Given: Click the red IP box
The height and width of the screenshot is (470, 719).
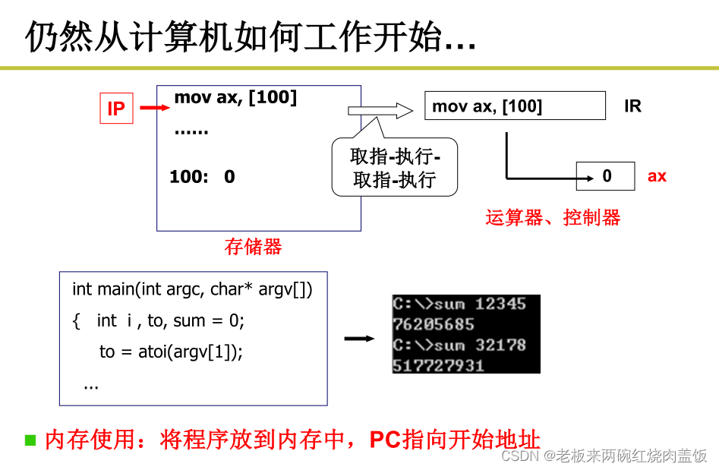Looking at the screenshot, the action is pos(116,109).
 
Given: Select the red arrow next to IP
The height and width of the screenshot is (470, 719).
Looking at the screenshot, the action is pos(156,108).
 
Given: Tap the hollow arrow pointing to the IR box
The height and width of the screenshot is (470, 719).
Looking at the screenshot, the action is pos(380,110).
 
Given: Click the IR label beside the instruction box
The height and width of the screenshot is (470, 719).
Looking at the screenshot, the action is pos(632,106).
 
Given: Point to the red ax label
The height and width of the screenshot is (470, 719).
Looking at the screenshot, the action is pos(657,176).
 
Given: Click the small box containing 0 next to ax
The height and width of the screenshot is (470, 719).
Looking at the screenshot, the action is pos(606,176).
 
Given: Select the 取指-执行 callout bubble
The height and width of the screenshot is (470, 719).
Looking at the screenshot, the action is pos(395,168).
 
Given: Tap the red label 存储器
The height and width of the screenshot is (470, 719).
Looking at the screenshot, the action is pos(253,247).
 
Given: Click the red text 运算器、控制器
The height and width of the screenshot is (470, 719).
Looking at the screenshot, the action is pos(553,218).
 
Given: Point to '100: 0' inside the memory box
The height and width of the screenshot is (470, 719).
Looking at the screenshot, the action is pos(202,177).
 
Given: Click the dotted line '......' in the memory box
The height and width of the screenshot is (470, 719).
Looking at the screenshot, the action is pos(191,131).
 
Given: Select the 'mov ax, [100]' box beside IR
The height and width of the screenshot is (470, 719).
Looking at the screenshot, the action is pos(515,106).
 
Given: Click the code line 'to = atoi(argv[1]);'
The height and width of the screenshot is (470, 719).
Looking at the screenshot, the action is pos(171,352).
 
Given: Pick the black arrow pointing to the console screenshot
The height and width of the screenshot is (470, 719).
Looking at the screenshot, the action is pos(359,338).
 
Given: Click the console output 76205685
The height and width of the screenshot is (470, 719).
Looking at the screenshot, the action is pos(433,324).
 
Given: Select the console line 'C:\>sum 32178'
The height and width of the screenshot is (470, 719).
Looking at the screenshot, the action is pos(459,345).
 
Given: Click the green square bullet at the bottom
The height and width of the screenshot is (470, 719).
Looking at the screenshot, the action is pos(30,440).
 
